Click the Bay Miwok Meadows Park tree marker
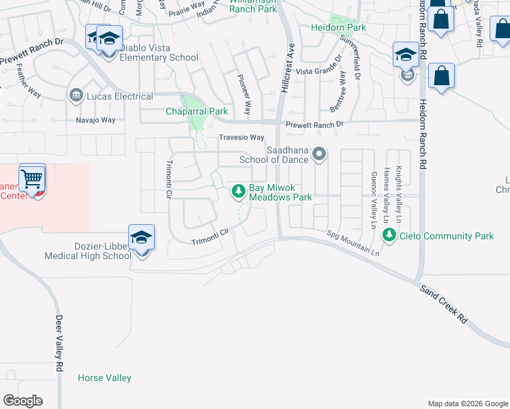pos(239,192)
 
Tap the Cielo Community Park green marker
pos(389,236)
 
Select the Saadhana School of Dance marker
pos(318,156)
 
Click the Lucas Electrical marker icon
pos(75,95)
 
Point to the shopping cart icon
pos(32,180)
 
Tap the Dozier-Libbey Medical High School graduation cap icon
pos(141,237)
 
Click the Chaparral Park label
pos(197,111)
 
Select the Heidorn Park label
pos(338,28)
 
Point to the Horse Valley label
pos(104,378)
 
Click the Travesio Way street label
pos(241,137)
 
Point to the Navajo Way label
pos(95,120)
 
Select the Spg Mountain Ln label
pos(352,243)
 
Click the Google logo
pos(22,401)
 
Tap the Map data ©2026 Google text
pos(467,404)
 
